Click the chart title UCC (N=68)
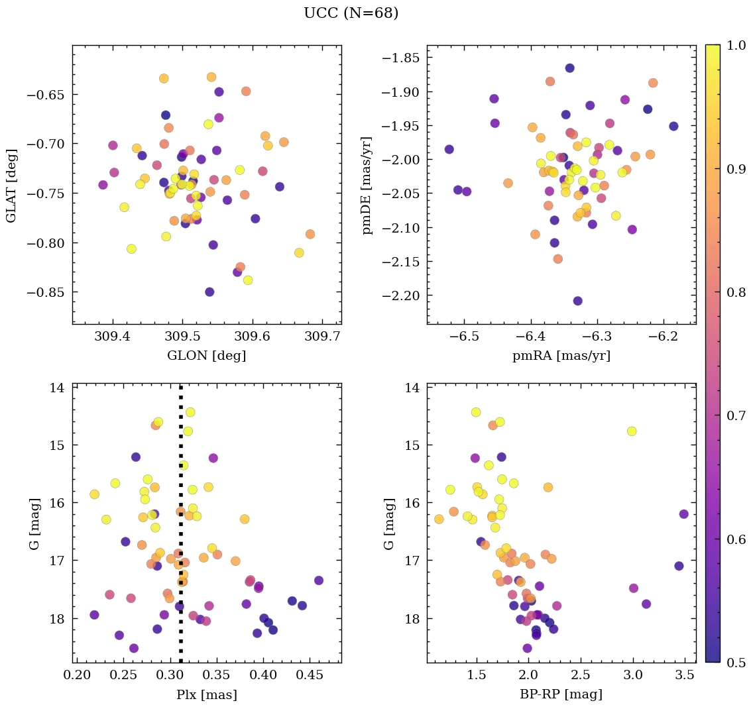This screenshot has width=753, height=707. (351, 13)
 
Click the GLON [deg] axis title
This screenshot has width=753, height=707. (206, 356)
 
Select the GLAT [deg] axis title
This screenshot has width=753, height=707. (12, 185)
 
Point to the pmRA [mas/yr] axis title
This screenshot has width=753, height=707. (561, 356)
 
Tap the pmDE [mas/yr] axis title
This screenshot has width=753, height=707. (367, 186)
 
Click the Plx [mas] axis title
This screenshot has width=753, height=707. (206, 694)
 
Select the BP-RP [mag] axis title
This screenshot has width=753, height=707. (561, 694)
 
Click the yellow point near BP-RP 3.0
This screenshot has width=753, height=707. (631, 431)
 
